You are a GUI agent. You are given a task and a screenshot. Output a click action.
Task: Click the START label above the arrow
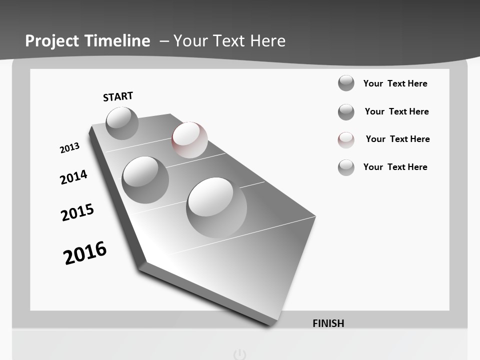click(118, 96)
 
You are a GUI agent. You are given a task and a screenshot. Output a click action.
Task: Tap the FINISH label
click(328, 323)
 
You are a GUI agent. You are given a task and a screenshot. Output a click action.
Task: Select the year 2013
click(69, 148)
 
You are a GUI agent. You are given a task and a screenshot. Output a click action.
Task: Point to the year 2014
click(73, 177)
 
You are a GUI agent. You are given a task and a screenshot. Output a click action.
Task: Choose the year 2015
click(77, 212)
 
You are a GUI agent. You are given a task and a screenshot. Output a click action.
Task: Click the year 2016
click(85, 252)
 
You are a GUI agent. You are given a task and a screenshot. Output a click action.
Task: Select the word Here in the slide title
click(268, 41)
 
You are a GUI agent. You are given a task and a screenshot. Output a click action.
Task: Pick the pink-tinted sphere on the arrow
click(189, 139)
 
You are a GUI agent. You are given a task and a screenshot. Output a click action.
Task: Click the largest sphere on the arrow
click(216, 207)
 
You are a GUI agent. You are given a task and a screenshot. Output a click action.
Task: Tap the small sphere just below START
click(122, 123)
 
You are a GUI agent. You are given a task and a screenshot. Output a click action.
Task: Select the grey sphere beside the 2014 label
click(145, 179)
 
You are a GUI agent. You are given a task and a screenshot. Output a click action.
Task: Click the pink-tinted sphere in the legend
click(346, 140)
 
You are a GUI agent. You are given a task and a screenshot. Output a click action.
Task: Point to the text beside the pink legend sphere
click(397, 139)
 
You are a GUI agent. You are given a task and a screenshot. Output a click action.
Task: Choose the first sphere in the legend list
click(346, 83)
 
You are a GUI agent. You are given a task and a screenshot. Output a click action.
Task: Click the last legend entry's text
click(395, 167)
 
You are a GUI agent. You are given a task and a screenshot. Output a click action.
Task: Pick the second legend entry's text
click(396, 111)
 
